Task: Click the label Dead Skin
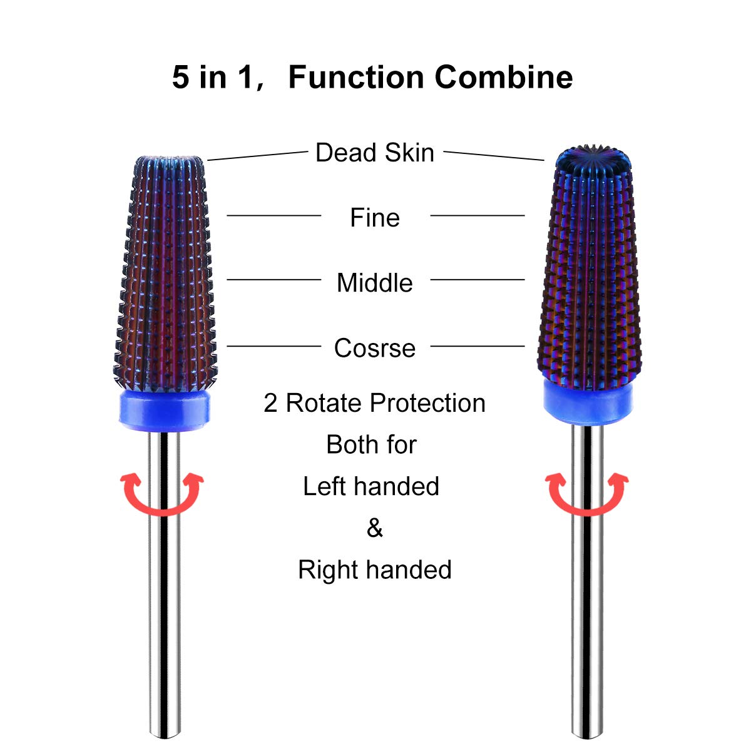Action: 374,153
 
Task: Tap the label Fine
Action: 374,218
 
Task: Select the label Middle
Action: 374,283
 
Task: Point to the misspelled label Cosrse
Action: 374,348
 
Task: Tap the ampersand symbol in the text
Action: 374,528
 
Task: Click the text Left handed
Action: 371,486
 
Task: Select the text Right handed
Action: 374,570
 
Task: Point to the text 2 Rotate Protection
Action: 374,403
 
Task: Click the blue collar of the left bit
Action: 163,411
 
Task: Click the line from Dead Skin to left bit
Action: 258,156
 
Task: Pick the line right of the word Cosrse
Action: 478,345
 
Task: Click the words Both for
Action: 371,445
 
